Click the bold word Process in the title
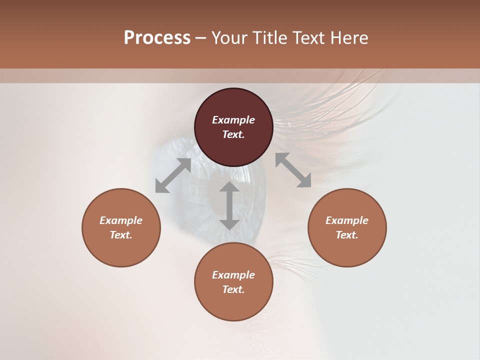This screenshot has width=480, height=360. click(x=157, y=38)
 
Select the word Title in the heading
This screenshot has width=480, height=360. click(x=270, y=38)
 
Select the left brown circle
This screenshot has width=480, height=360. click(x=121, y=250)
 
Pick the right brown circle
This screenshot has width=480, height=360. click(x=347, y=250)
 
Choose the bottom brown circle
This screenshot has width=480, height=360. click(x=233, y=305)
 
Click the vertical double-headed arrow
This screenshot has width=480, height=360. click(x=229, y=205)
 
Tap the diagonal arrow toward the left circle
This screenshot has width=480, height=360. click(x=173, y=175)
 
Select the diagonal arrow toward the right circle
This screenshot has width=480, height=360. click(x=293, y=170)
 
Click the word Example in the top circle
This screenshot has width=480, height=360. click(x=233, y=120)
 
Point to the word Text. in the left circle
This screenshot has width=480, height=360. click(x=121, y=235)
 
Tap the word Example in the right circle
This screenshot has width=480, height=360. click(x=347, y=220)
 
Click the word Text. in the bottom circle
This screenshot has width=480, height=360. click(x=233, y=289)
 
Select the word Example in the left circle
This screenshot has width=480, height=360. click(x=121, y=220)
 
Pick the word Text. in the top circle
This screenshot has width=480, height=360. click(x=233, y=134)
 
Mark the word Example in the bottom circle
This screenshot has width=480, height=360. click(x=233, y=275)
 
